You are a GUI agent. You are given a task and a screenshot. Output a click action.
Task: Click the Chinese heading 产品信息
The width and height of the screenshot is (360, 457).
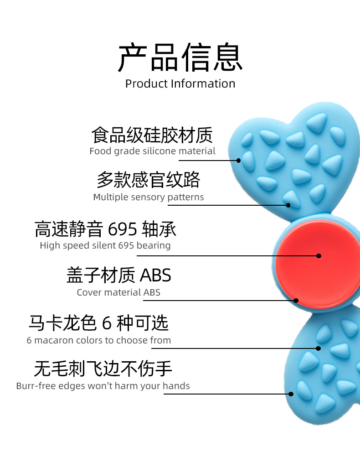point(180,58)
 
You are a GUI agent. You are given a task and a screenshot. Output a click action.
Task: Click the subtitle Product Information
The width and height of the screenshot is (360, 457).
point(180,84)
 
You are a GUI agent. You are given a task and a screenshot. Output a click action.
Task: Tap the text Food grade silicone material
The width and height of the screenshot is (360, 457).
point(152,151)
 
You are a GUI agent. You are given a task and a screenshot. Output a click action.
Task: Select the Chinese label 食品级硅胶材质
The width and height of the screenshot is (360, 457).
point(152,135)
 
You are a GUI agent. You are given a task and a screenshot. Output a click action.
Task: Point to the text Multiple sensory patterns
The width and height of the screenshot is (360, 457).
point(149,197)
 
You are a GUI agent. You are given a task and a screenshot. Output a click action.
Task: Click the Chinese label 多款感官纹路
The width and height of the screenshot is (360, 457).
point(149,180)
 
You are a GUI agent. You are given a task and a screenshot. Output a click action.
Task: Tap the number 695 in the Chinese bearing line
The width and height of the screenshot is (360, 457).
point(123,229)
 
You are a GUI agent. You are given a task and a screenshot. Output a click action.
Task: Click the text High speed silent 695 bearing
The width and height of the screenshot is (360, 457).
point(105,245)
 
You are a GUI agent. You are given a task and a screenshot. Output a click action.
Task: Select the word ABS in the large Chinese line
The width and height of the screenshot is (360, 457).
point(155,275)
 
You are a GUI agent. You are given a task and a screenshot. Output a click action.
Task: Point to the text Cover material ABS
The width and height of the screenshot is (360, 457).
point(118,292)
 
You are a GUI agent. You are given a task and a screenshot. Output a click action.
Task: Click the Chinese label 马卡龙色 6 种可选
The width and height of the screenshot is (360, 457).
point(98,323)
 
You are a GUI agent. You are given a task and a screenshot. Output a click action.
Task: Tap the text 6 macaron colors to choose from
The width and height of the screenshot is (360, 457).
point(99,340)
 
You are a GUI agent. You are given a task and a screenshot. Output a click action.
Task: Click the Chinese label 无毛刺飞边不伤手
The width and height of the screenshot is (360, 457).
point(103,369)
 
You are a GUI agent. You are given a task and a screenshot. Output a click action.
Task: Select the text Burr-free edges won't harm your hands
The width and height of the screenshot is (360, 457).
point(103,386)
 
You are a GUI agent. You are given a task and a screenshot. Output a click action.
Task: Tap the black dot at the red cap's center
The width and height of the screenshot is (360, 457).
point(319,256)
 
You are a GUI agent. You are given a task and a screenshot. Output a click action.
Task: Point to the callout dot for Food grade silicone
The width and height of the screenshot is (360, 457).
point(238,161)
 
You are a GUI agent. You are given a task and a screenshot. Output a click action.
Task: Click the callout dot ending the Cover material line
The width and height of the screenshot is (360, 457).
point(296,301)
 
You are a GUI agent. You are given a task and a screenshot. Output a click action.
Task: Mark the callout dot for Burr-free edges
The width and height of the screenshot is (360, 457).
point(291,394)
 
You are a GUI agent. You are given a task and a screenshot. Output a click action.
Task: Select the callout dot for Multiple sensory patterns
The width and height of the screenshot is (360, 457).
point(288,205)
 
